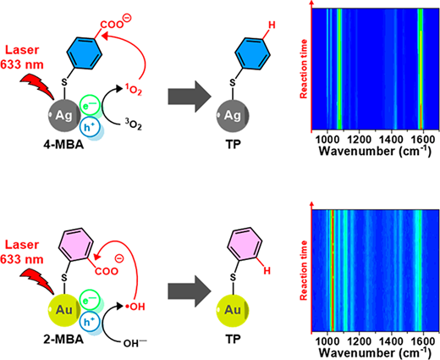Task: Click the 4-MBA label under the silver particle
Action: pos(63,145)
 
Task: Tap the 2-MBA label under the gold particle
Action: pos(63,339)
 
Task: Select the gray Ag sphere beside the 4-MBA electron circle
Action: pos(64,115)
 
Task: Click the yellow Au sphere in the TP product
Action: pos(233,311)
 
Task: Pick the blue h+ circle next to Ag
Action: pos(90,127)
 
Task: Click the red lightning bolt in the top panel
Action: pos(37,86)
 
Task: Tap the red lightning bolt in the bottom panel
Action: pos(37,281)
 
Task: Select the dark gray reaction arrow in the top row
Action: pos(190,97)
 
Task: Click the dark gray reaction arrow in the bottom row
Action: pos(190,291)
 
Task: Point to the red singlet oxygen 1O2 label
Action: pos(133,90)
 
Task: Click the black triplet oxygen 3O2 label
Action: pos(133,125)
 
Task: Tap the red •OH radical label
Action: pos(135,307)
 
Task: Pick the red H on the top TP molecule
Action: pos(272,25)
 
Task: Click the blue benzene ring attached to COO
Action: pos(84,53)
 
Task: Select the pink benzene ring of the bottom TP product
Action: pos(245,243)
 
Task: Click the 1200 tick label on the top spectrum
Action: pos(359,139)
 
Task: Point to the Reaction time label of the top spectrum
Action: pos(304,69)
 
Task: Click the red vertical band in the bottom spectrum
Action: pos(333,270)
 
